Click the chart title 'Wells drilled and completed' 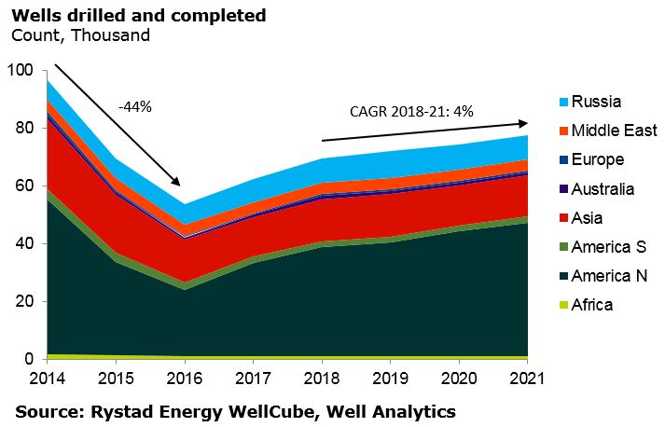[138, 16]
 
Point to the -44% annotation [135, 106]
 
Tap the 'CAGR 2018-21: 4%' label [412, 111]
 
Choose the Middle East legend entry [614, 131]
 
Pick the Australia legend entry [603, 189]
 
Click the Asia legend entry [589, 218]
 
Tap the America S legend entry [608, 247]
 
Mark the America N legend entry [609, 276]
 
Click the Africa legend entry [591, 305]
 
